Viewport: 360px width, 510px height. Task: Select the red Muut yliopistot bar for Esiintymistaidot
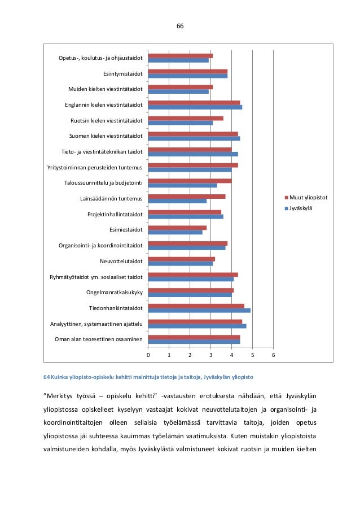point(188,71)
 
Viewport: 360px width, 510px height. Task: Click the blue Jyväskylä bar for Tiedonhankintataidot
point(199,310)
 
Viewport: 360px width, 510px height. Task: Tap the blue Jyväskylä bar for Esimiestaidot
point(175,232)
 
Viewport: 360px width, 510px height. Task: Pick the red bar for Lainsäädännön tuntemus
point(187,197)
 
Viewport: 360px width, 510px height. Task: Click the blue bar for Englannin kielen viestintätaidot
point(195,107)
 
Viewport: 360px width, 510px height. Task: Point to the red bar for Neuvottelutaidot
point(182,259)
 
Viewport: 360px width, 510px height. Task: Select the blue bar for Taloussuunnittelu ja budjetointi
point(183,185)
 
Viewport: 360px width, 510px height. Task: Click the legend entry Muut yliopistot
point(309,198)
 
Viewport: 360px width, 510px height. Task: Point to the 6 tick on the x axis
point(274,354)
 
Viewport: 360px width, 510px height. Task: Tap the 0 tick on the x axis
point(148,354)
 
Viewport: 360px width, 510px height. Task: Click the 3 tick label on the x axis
point(211,354)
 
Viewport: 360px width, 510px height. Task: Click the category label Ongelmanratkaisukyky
point(114,293)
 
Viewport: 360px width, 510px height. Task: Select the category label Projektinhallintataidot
point(115,215)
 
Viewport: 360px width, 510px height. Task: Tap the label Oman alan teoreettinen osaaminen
point(98,339)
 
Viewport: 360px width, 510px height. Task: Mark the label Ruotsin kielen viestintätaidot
point(106,120)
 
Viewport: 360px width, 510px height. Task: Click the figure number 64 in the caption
point(47,377)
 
